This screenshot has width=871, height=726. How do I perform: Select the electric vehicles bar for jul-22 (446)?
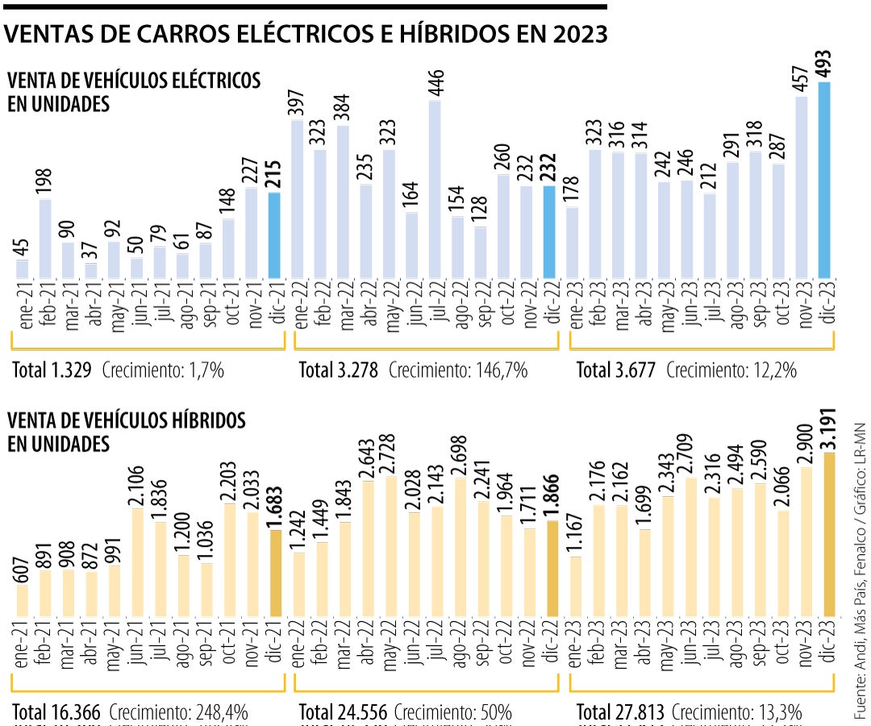[x=435, y=190]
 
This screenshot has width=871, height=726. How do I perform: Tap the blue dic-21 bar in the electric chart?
[x=274, y=236]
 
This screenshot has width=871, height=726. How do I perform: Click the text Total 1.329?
[x=52, y=370]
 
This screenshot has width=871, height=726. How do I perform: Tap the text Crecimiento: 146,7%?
[x=458, y=370]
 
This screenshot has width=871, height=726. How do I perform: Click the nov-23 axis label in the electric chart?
[x=802, y=306]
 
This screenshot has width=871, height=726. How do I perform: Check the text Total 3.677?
[x=616, y=370]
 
